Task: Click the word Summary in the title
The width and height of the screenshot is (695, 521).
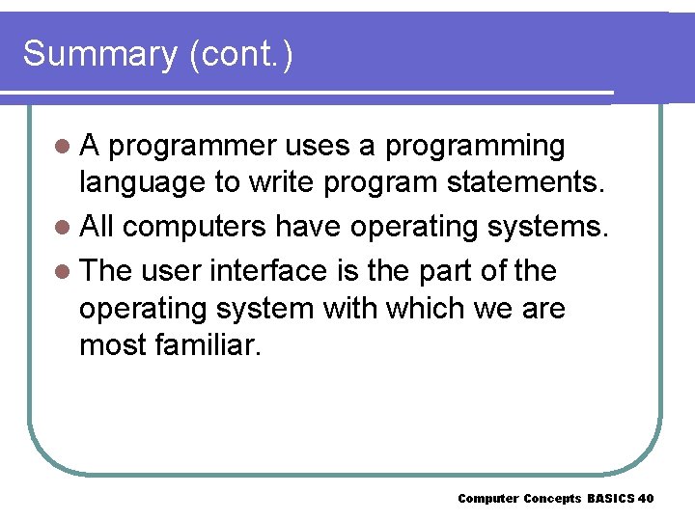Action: tap(99, 55)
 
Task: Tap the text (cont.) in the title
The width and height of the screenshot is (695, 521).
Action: tap(241, 55)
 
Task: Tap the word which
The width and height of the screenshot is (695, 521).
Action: tap(429, 309)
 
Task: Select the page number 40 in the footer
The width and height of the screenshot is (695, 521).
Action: tap(646, 499)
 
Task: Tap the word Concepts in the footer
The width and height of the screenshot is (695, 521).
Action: tap(553, 499)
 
